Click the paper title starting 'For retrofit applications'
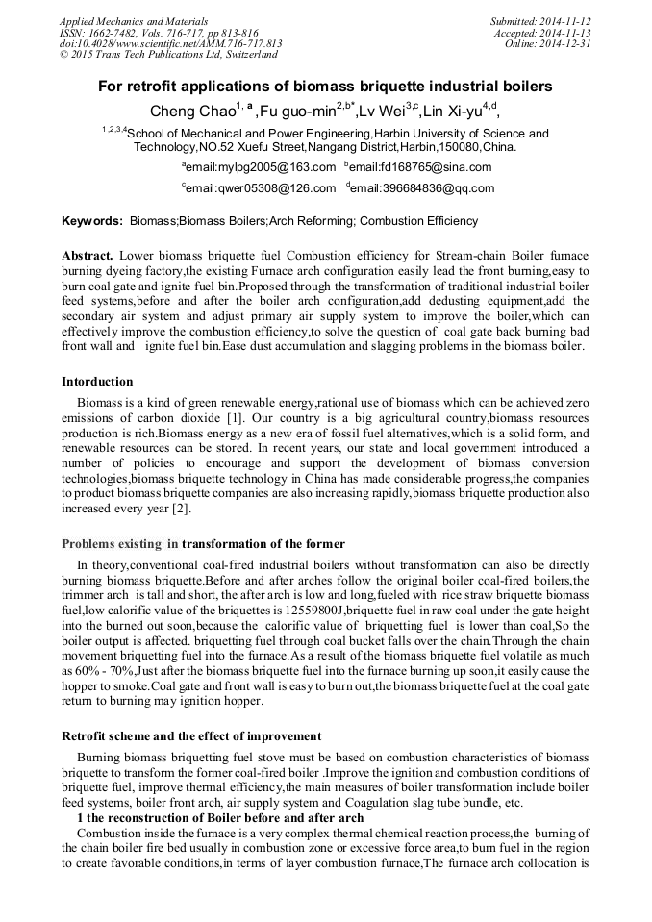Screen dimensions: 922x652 (x=325, y=87)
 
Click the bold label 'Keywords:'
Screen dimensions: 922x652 (x=92, y=222)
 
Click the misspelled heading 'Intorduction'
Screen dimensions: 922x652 (x=97, y=382)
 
